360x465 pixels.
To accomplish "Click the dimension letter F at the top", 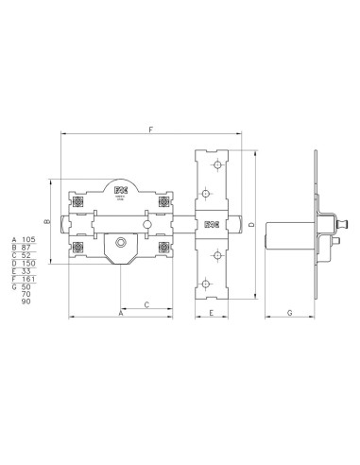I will (x=150, y=129).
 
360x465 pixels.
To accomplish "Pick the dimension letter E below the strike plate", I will (x=212, y=312).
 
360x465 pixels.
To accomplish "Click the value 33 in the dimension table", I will (x=26, y=272).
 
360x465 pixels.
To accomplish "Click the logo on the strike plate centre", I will (x=212, y=224).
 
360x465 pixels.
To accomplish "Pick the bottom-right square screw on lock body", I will (x=164, y=248).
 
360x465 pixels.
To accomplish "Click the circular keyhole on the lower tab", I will (x=120, y=245).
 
